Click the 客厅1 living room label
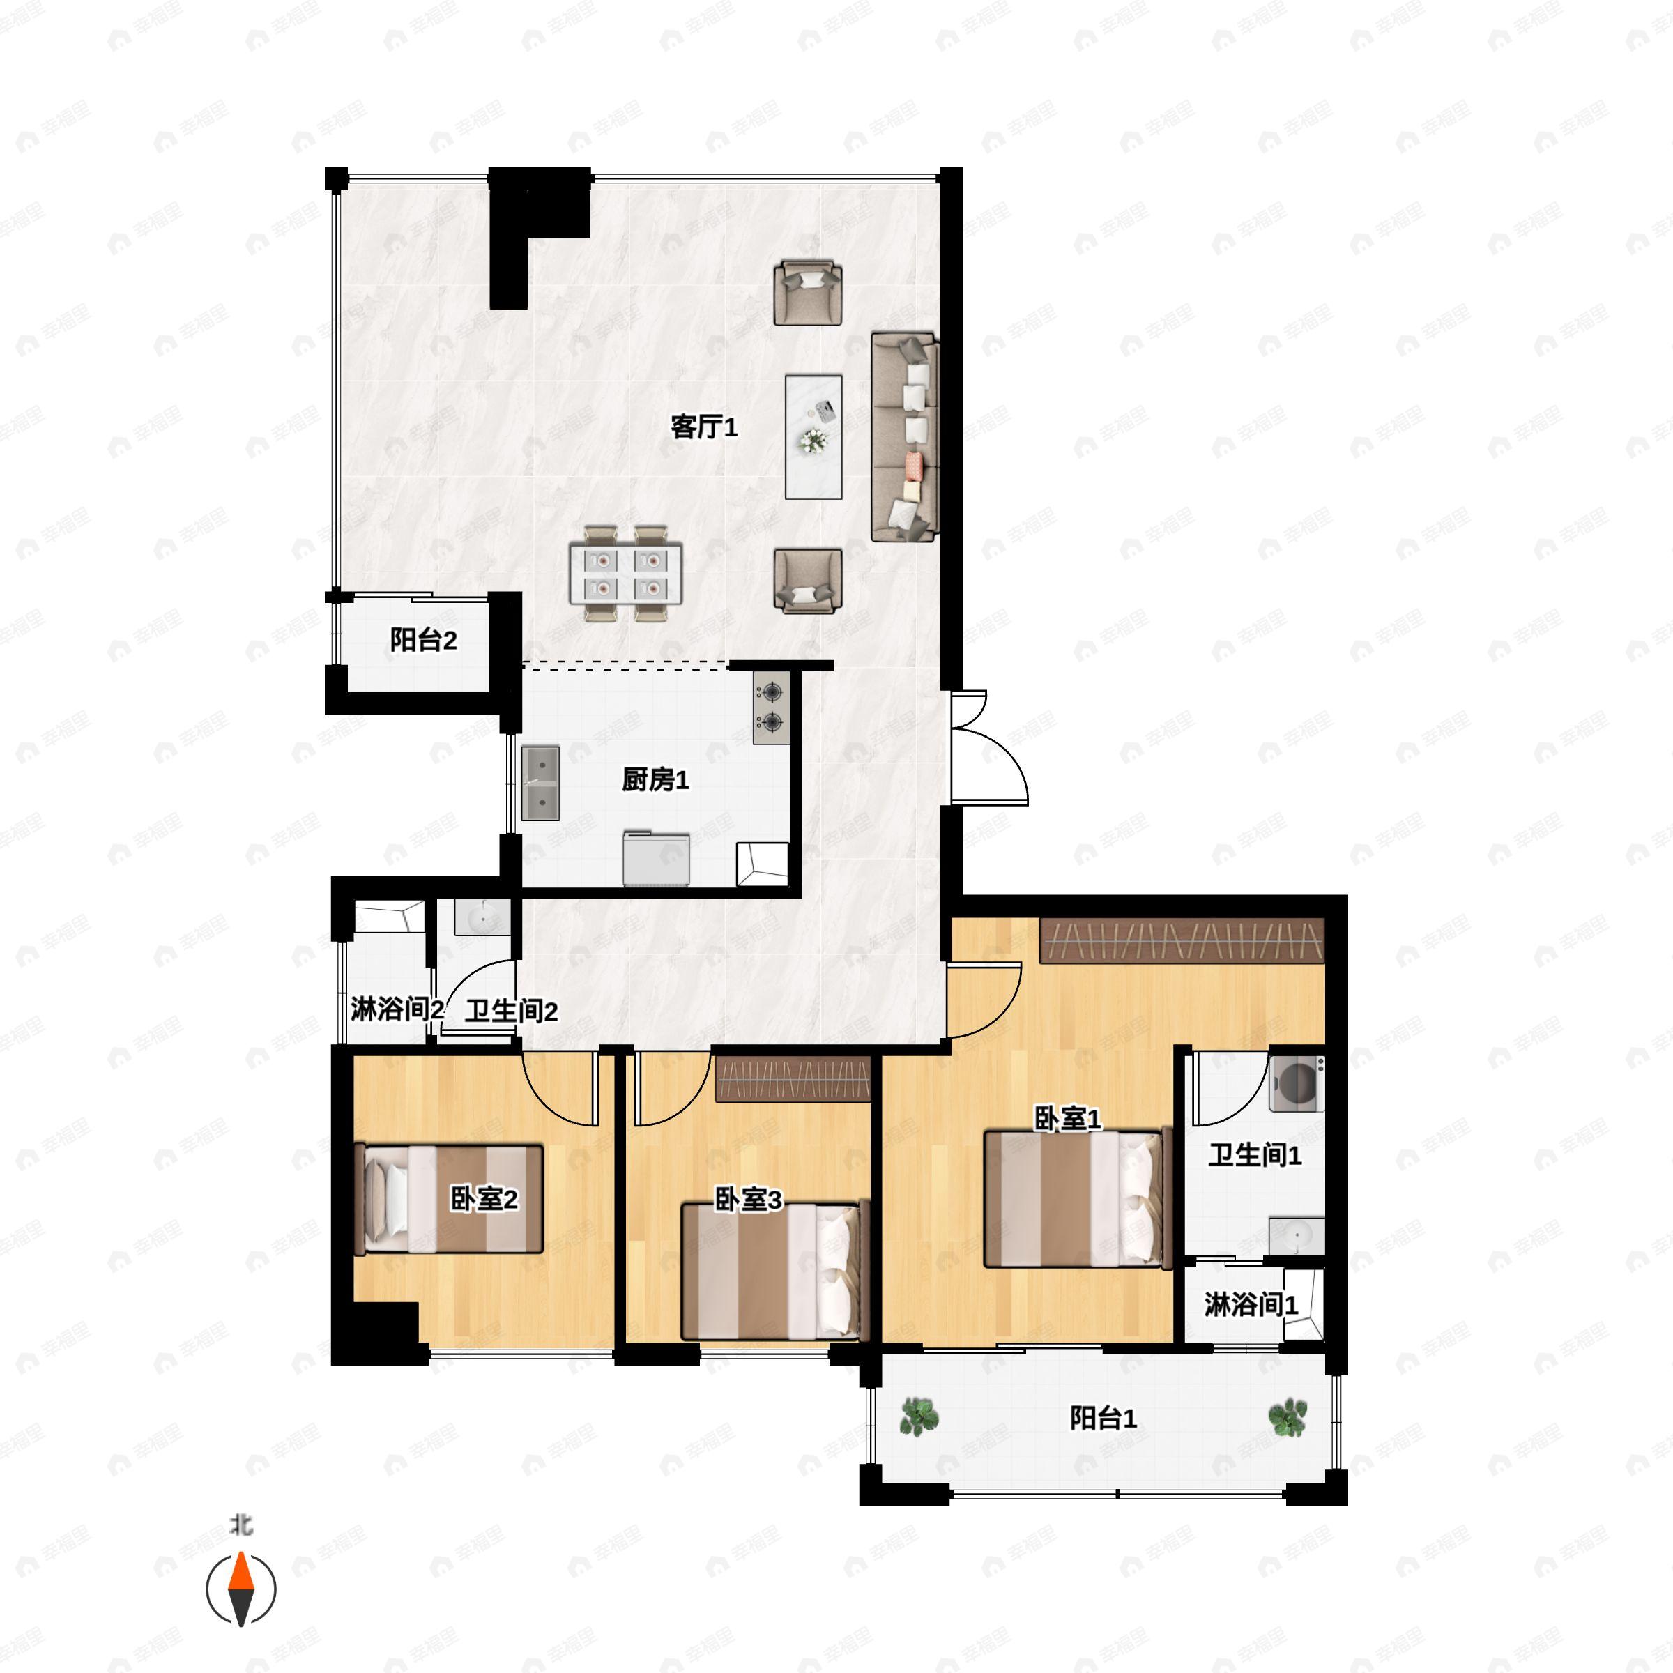[x=703, y=427]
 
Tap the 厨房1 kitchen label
[x=655, y=780]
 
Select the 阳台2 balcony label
[x=422, y=641]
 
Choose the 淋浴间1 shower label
[x=1251, y=1305]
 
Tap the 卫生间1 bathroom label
[x=1255, y=1154]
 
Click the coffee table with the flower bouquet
[x=813, y=436]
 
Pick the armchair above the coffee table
[x=808, y=293]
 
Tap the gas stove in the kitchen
[x=769, y=707]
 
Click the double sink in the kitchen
[x=540, y=783]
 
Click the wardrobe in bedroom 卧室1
[x=1182, y=940]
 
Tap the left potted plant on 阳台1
[x=918, y=1418]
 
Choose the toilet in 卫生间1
[x=1295, y=1083]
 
